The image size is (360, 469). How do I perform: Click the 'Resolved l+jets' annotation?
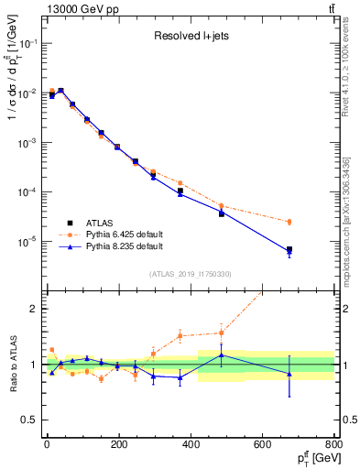pos(190,37)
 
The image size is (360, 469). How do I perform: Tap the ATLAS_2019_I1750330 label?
pos(191,274)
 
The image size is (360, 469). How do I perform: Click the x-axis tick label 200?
pos(118,444)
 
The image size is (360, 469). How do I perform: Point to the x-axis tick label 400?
pos(191,444)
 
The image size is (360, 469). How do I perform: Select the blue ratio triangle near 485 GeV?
pos(221,354)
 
